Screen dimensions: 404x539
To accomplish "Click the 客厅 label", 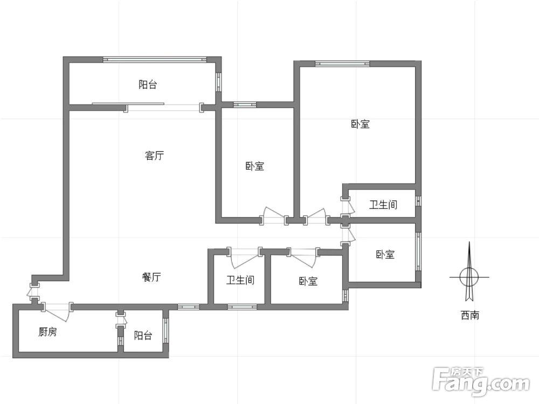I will [x=155, y=156].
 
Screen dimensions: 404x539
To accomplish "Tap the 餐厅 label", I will [x=151, y=277].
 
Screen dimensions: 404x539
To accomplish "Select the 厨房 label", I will [x=47, y=332].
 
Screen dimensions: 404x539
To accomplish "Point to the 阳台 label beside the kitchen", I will [x=143, y=336].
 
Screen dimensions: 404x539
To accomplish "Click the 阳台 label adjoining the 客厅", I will [x=148, y=85].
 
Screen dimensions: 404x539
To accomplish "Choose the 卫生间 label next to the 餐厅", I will [x=240, y=280].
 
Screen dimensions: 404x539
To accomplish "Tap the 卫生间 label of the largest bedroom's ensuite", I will [x=383, y=205].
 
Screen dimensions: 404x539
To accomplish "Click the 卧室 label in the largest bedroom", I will [x=360, y=124].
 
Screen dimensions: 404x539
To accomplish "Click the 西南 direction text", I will [x=469, y=315].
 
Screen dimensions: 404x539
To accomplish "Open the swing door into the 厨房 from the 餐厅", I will [x=57, y=309].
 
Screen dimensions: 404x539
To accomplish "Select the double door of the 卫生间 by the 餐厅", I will [x=245, y=256].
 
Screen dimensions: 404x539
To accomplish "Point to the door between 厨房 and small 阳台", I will [x=121, y=322].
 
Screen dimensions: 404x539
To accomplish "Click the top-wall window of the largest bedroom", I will [x=342, y=64].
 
